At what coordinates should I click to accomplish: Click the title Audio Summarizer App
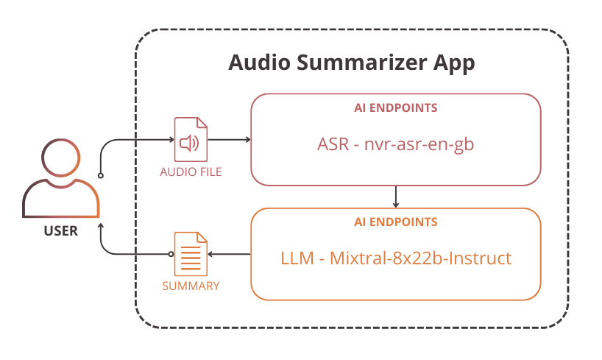[351, 63]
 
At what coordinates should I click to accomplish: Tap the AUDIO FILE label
[191, 172]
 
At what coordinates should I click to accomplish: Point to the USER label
[60, 231]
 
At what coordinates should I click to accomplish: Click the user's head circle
[60, 160]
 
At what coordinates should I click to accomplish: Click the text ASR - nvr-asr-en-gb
[396, 144]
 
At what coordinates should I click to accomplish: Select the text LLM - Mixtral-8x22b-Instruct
[396, 258]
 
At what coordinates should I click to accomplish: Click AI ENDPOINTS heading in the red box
[396, 108]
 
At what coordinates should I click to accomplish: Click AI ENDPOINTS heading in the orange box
[396, 222]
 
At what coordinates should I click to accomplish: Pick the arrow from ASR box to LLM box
[396, 197]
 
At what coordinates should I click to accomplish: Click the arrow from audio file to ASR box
[230, 140]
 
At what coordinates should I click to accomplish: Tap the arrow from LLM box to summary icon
[229, 254]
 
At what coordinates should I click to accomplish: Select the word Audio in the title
[257, 63]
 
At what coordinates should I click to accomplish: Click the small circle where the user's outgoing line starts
[101, 176]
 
